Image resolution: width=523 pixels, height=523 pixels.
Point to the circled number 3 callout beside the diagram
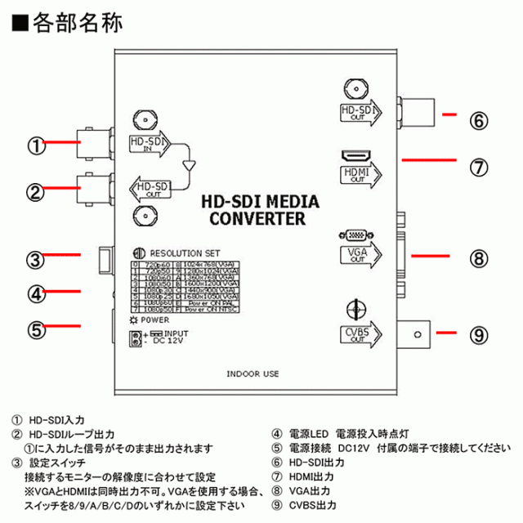tap(34, 261)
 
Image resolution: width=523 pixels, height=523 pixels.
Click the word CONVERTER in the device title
tap(257, 219)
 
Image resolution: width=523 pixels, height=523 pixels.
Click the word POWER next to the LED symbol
tap(154, 320)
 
